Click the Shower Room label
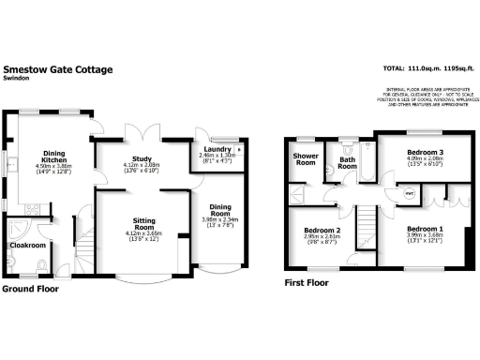pos(305,158)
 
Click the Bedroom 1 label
pos(425,229)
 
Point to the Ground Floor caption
pos(31,290)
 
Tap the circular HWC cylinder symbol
pos(410,193)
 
